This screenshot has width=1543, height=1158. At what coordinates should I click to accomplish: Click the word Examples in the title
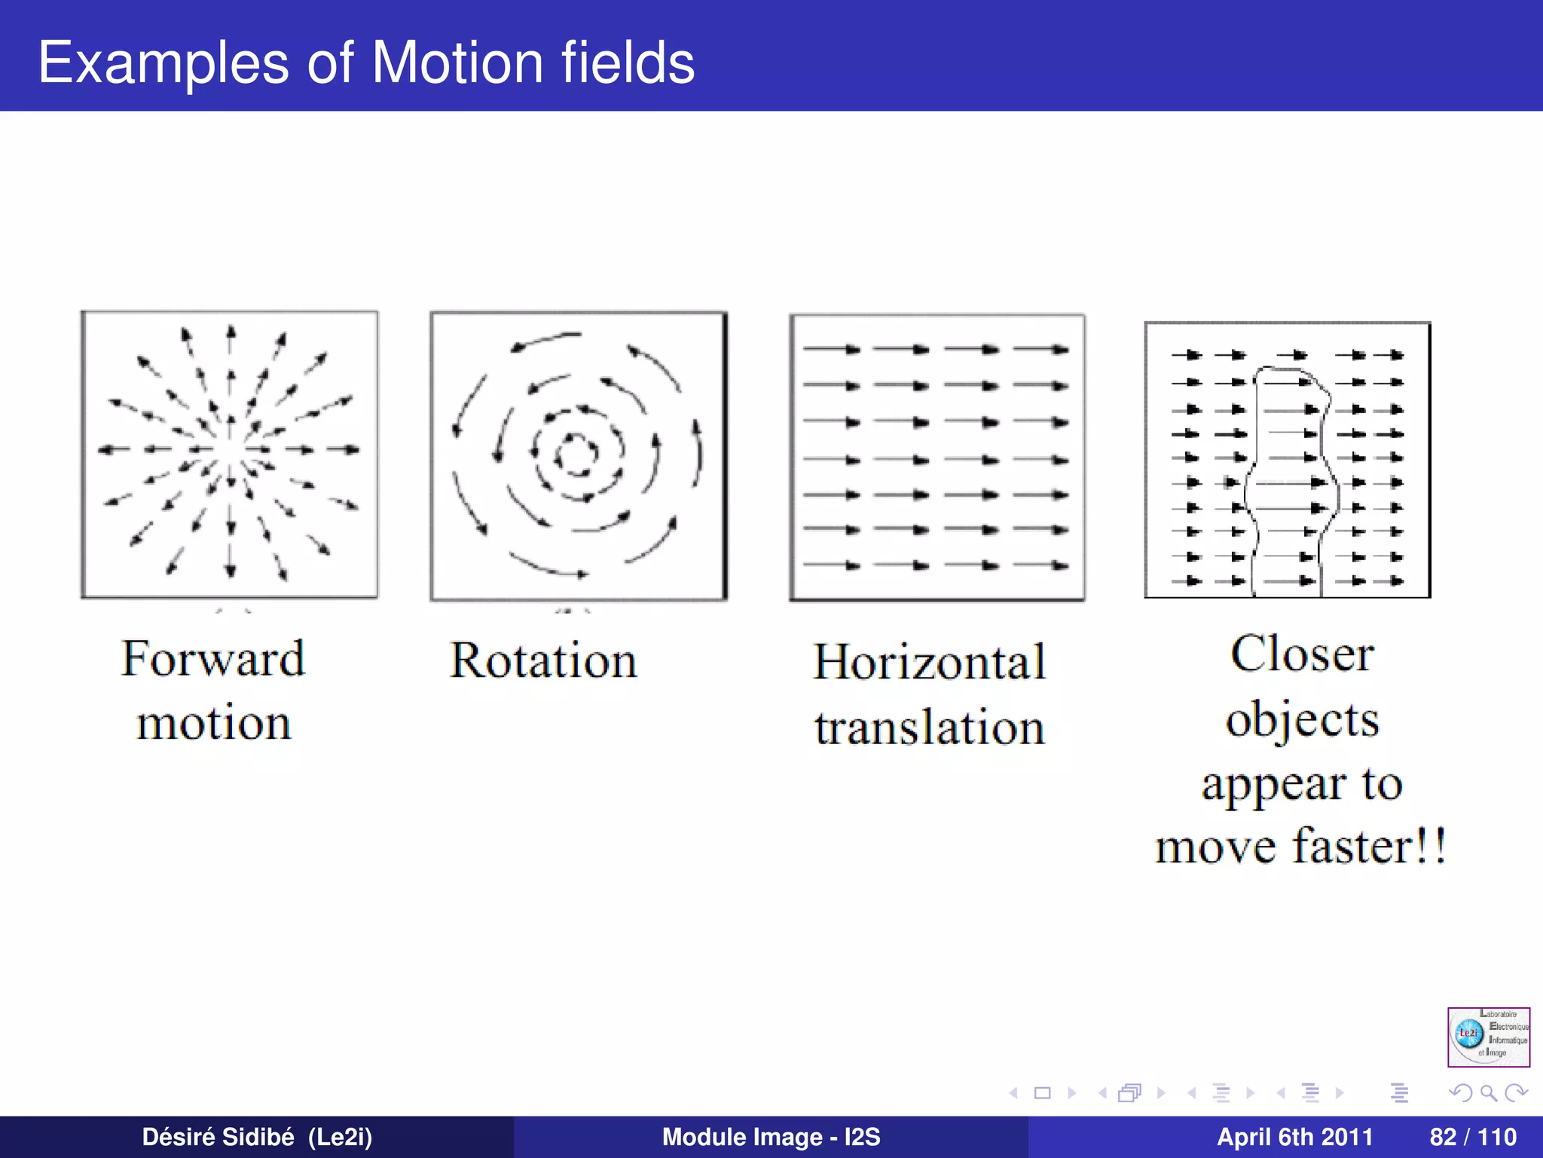(163, 63)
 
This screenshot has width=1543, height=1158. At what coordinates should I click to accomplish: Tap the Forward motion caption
(213, 689)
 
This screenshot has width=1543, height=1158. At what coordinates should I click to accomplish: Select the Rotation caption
(543, 660)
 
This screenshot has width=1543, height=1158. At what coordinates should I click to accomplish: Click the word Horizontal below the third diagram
(929, 662)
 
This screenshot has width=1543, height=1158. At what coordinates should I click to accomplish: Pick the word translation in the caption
(929, 728)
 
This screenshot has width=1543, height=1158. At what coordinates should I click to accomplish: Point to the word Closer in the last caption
(1302, 654)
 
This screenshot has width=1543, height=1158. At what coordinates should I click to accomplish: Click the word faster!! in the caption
(1369, 846)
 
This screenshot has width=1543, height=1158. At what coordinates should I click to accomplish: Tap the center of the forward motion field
(230, 450)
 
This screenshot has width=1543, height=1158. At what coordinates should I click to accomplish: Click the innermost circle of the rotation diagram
(576, 454)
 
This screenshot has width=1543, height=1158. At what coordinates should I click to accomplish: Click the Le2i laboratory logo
(1488, 1037)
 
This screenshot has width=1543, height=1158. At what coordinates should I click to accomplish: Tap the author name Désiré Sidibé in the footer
(218, 1136)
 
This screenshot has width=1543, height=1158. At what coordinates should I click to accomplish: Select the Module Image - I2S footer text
(771, 1136)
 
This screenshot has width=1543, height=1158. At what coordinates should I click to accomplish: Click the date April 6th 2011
(1294, 1136)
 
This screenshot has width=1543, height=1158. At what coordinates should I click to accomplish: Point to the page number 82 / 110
(1472, 1136)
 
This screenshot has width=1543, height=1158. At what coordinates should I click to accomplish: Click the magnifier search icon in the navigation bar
(1488, 1092)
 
